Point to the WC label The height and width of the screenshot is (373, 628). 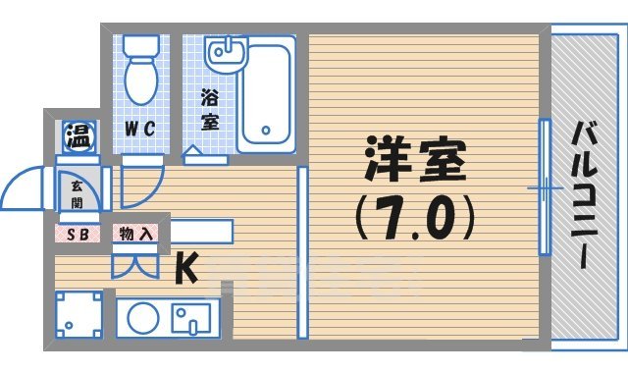click(x=138, y=128)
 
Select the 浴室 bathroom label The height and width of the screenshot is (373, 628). click(x=209, y=110)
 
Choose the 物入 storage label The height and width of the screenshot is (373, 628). click(x=134, y=234)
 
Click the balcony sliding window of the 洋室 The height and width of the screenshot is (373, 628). click(x=543, y=186)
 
